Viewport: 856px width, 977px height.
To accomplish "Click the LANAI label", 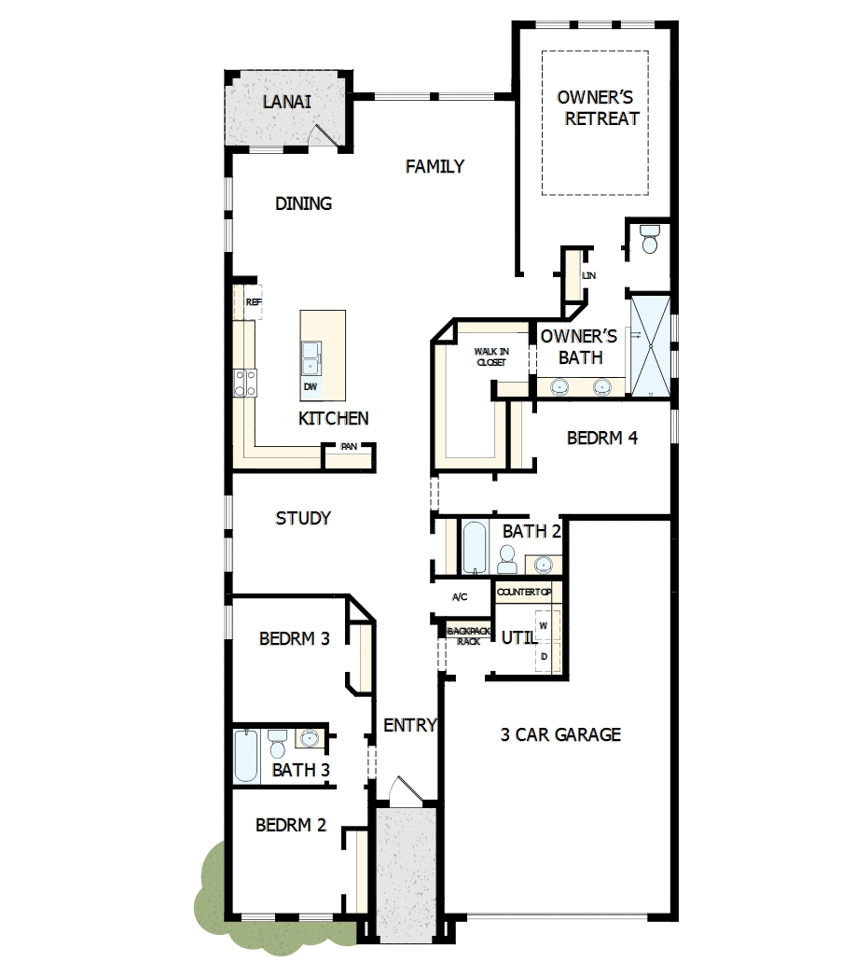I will (x=286, y=102).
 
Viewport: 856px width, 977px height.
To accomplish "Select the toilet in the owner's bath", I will (x=650, y=239).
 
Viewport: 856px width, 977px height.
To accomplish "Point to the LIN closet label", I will (x=587, y=276).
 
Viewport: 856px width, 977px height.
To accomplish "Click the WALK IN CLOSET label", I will (x=490, y=356).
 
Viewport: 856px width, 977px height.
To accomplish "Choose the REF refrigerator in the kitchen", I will (x=252, y=303).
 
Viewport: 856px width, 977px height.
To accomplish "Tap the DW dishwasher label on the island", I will (x=310, y=386).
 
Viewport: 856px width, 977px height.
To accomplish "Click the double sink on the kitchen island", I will (x=311, y=356).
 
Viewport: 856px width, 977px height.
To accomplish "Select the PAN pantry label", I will (x=348, y=447).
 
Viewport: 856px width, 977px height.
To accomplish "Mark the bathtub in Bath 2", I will (x=475, y=547).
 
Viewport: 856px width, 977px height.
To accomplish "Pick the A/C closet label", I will (x=459, y=596).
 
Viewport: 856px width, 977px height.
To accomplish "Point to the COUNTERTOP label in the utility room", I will (x=524, y=593).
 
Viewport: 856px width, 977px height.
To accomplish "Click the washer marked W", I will (x=544, y=625).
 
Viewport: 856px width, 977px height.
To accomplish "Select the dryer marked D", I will (x=544, y=657).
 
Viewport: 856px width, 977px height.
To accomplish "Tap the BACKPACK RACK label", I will (x=467, y=636).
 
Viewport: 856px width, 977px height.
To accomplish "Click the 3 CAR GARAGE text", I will (x=560, y=735).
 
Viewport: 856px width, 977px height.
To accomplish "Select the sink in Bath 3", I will (x=310, y=739).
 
